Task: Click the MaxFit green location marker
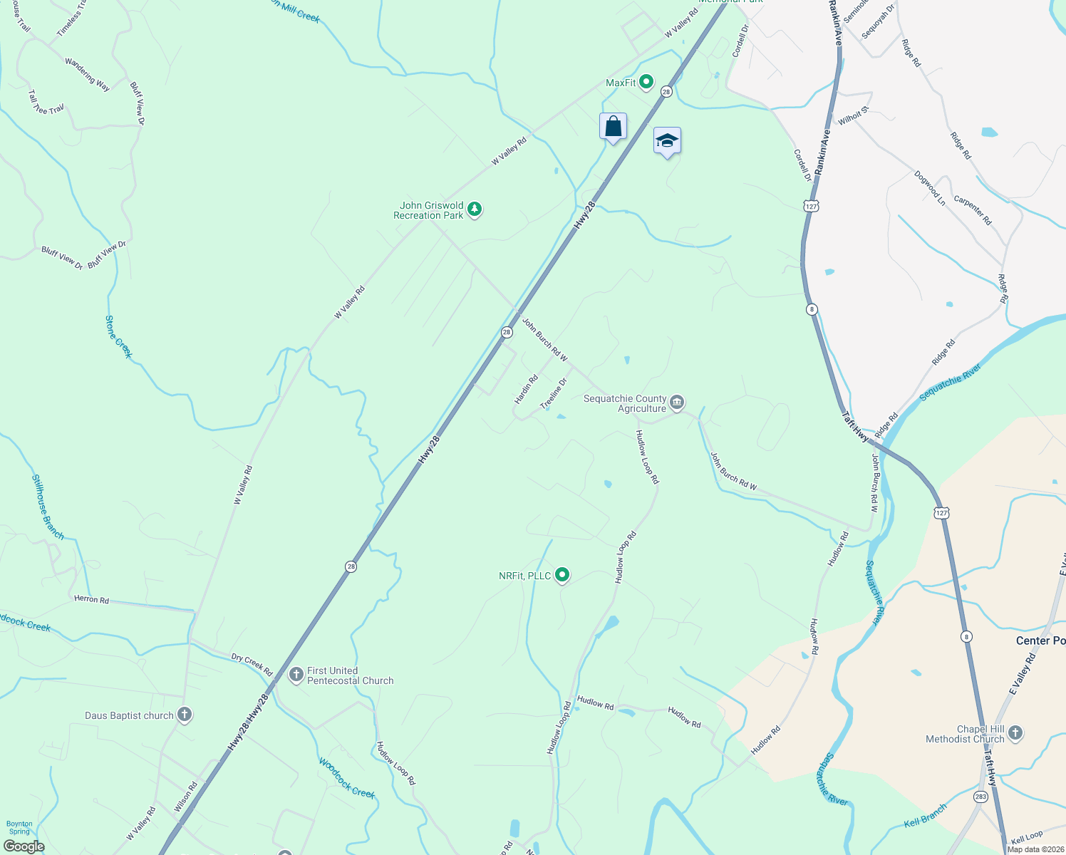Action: click(x=646, y=83)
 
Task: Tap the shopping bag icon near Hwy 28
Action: click(x=613, y=127)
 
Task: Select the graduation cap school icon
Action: click(x=667, y=141)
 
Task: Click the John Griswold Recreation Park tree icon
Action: click(x=475, y=210)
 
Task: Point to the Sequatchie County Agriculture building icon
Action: click(x=678, y=403)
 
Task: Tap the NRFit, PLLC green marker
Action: click(x=562, y=575)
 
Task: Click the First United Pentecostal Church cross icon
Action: click(x=296, y=675)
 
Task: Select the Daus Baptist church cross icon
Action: click(x=185, y=715)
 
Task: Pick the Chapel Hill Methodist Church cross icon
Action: click(x=1015, y=733)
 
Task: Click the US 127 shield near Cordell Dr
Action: click(x=811, y=206)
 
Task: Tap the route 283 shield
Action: click(x=981, y=797)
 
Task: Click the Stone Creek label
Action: click(x=119, y=337)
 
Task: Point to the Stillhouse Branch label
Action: click(x=48, y=507)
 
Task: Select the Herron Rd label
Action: click(x=92, y=600)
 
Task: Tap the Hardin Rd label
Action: click(x=527, y=390)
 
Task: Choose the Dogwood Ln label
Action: click(x=930, y=188)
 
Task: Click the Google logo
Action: click(x=24, y=846)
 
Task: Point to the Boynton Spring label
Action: click(x=19, y=827)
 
